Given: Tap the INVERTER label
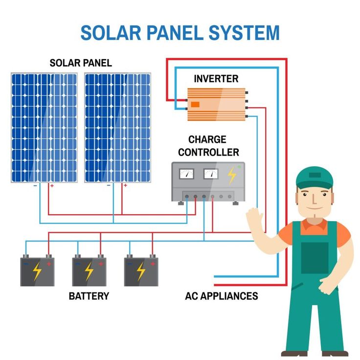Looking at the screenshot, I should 216,78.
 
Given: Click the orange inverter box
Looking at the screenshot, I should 216,104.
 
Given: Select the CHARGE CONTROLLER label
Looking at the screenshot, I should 208,146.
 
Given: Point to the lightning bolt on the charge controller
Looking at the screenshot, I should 231,175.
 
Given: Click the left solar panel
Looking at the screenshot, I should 44,128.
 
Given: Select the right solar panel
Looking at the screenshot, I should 117,128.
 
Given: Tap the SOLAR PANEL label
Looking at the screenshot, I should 81,63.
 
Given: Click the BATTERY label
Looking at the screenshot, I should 89,296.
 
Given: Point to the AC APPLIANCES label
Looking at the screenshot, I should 222,296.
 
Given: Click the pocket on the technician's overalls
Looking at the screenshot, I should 314,257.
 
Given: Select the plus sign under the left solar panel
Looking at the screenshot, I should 51,186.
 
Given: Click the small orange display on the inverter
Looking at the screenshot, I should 195,104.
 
